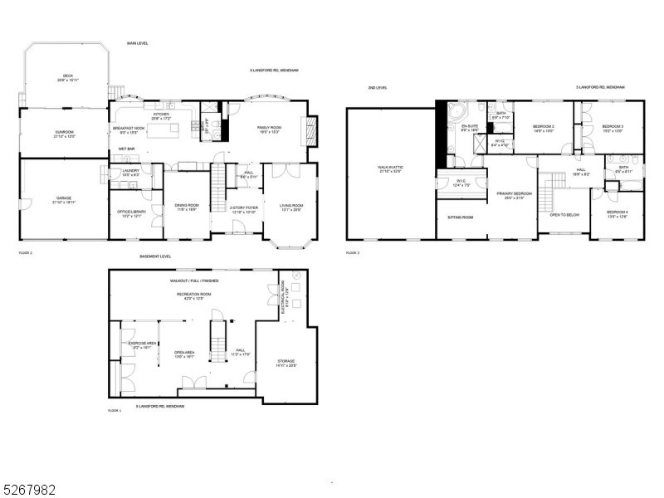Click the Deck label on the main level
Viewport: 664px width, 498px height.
pyautogui.click(x=68, y=76)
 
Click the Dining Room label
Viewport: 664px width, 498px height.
pyautogui.click(x=186, y=207)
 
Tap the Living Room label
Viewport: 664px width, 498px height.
pyautogui.click(x=290, y=206)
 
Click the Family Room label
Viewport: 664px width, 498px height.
pyautogui.click(x=269, y=128)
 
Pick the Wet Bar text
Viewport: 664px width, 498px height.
pyautogui.click(x=127, y=149)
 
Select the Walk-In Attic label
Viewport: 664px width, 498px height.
pyautogui.click(x=389, y=168)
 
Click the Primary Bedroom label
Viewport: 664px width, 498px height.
pyautogui.click(x=514, y=194)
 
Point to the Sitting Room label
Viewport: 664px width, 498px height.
pyautogui.click(x=461, y=217)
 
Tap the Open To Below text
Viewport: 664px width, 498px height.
pyautogui.click(x=564, y=214)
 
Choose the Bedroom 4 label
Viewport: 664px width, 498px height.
pyautogui.click(x=617, y=212)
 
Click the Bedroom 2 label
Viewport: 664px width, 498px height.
pyautogui.click(x=543, y=126)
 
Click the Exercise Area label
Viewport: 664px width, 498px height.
pyautogui.click(x=138, y=344)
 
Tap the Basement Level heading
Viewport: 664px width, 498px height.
pyautogui.click(x=154, y=256)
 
